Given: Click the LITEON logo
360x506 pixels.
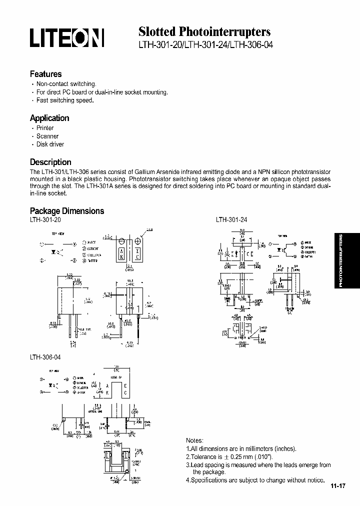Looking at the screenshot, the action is click(x=67, y=37).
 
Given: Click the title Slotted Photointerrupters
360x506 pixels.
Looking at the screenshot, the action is click(x=204, y=32).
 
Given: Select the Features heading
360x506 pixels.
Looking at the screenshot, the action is click(x=45, y=74).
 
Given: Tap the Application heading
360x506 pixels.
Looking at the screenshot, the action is click(x=49, y=118).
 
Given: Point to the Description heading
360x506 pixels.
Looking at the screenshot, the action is click(x=50, y=162).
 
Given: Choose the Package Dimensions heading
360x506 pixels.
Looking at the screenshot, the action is click(x=67, y=210).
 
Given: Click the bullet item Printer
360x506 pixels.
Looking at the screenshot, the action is click(x=45, y=128).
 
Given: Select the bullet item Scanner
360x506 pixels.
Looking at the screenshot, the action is click(x=47, y=136).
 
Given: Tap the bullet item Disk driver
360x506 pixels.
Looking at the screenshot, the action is click(x=50, y=144).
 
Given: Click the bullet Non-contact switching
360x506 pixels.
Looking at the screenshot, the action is click(x=66, y=84).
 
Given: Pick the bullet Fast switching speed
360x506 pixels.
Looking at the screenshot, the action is click(x=65, y=100).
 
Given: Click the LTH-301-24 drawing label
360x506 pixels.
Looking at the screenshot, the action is click(x=231, y=219).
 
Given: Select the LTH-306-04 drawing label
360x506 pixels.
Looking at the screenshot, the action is click(x=45, y=357).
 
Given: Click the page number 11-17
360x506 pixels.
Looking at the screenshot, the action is click(x=338, y=485).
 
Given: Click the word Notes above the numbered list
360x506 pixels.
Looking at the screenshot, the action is click(x=194, y=440).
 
